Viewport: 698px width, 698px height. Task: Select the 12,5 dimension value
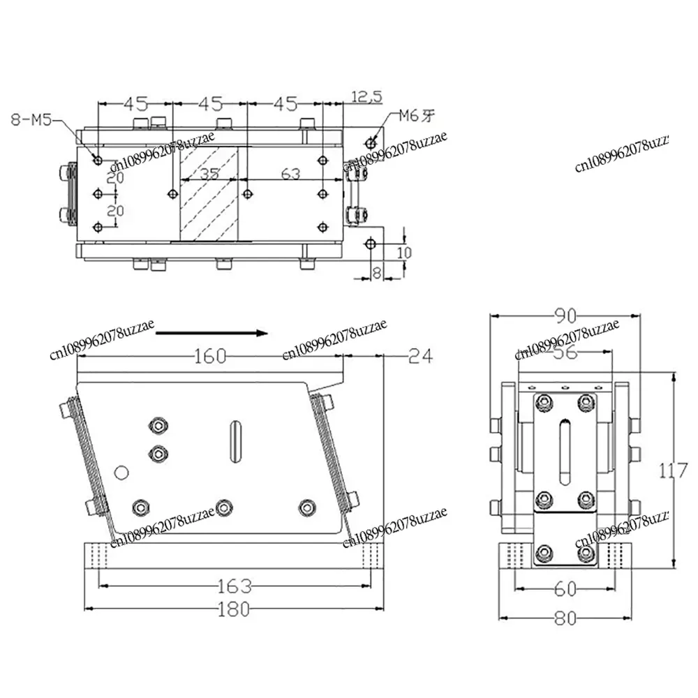[x=366, y=97]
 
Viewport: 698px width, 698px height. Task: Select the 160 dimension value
[x=210, y=356]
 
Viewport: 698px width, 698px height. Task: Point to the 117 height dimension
[x=674, y=472]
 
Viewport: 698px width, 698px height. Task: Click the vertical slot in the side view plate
[x=235, y=440]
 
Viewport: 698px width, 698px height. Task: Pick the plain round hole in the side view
[x=121, y=473]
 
